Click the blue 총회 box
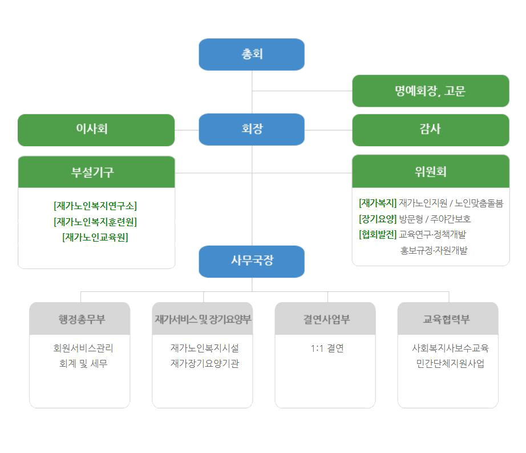252,55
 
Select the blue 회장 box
252,129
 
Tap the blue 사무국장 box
252,261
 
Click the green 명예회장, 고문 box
431,91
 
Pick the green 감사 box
431,129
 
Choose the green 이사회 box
96,129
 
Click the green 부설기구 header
96,172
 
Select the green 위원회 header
431,171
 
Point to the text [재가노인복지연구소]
95,206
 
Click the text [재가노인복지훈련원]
95,222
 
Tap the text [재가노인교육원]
95,237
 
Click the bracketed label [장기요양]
378,219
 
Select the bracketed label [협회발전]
378,234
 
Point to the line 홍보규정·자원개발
434,250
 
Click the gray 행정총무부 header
79,319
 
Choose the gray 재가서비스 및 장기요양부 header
203,319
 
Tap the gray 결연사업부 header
325,319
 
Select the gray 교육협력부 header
448,319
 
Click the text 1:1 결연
327,348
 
